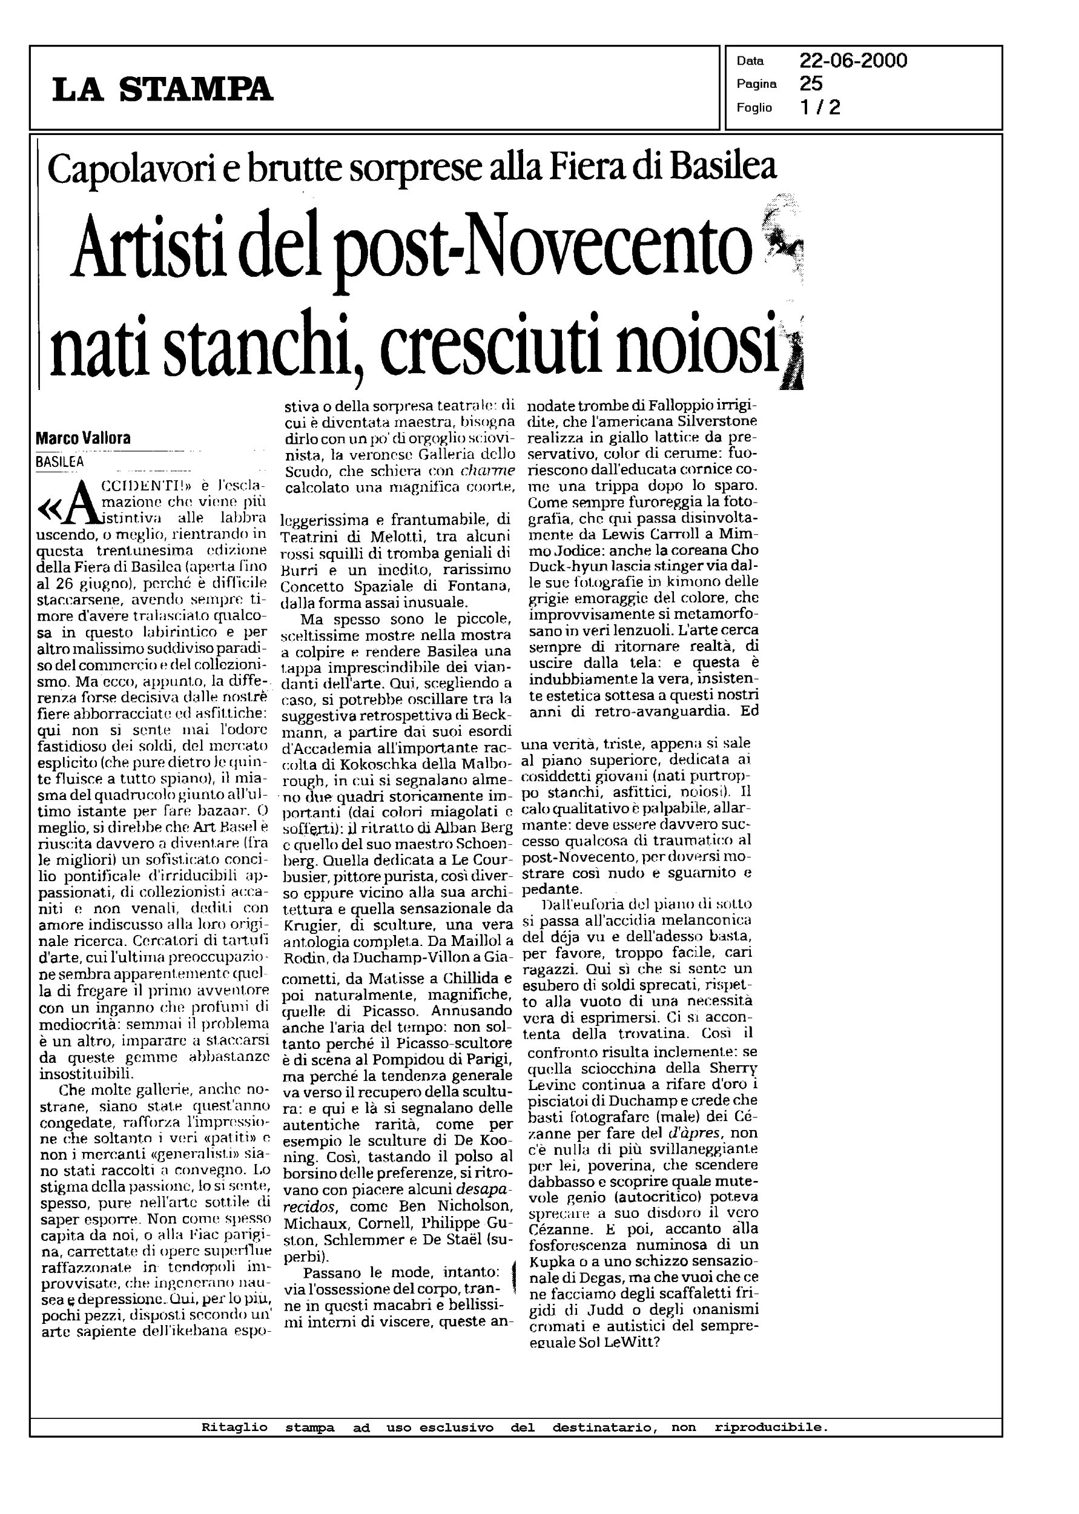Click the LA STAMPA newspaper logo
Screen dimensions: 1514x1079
(x=163, y=88)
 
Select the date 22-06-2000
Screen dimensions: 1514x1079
(x=853, y=61)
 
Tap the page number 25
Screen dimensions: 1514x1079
(x=811, y=84)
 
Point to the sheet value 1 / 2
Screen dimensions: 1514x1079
(x=820, y=107)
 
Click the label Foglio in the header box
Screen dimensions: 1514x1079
(x=754, y=108)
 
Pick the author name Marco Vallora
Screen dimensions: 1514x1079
(x=83, y=438)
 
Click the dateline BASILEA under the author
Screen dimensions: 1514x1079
(x=60, y=461)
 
